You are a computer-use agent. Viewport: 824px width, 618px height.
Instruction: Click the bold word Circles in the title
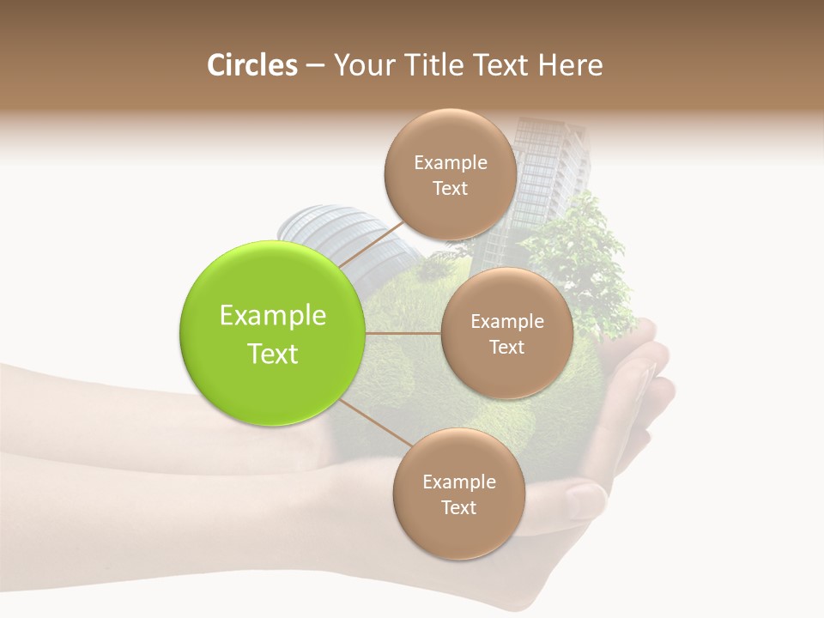[x=251, y=65]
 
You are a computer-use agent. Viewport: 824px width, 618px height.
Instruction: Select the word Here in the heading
[x=573, y=65]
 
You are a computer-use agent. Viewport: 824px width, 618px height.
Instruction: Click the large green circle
[x=273, y=333]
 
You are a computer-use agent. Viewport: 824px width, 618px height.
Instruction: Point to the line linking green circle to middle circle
[x=403, y=332]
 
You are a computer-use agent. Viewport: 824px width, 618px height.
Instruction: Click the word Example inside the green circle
[x=273, y=315]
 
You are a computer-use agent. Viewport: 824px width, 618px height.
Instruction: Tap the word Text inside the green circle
[x=273, y=354]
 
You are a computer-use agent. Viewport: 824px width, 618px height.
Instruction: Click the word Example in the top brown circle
[x=450, y=162]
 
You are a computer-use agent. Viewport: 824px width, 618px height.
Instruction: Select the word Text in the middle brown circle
[x=506, y=347]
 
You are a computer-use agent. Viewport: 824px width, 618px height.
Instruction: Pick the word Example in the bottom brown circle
[x=458, y=482]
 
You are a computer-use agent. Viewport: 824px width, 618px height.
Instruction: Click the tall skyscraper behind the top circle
[x=541, y=172]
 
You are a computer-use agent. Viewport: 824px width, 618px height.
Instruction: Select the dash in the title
[x=315, y=66]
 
